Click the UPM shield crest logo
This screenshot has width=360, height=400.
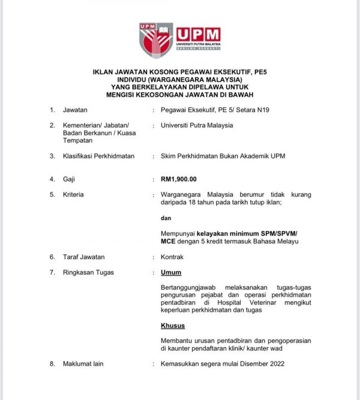(156, 40)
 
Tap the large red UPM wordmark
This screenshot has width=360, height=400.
(199, 34)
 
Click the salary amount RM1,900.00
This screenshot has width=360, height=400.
(179, 179)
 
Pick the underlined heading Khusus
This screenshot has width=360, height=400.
(173, 326)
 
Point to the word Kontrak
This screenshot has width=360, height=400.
(172, 257)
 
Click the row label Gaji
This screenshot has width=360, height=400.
(70, 179)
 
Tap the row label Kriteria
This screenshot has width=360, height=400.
(73, 194)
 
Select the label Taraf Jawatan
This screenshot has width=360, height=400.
(83, 257)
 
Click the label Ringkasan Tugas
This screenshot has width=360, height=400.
(88, 272)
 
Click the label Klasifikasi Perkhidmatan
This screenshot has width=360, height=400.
(98, 156)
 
